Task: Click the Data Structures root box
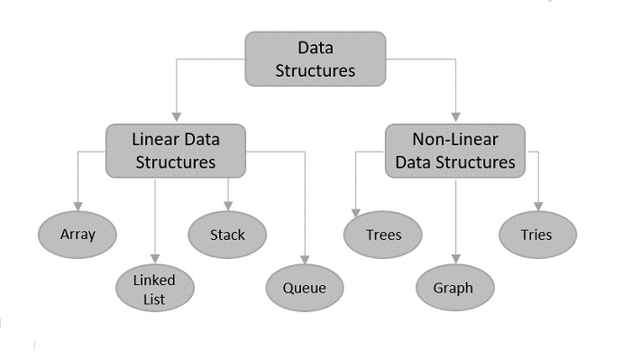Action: (x=315, y=59)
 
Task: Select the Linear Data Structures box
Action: (x=176, y=151)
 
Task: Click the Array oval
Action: (x=78, y=235)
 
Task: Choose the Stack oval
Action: (x=227, y=235)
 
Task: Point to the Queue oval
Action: (x=305, y=289)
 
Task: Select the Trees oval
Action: (x=383, y=235)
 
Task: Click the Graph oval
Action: (x=456, y=289)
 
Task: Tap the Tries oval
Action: (x=537, y=235)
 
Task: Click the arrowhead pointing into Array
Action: (x=78, y=207)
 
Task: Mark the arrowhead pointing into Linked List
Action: (x=157, y=260)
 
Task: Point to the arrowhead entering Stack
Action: (x=227, y=207)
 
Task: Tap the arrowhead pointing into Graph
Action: (x=456, y=260)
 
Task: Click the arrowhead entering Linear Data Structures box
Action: (x=177, y=117)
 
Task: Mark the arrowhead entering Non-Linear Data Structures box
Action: (x=456, y=117)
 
